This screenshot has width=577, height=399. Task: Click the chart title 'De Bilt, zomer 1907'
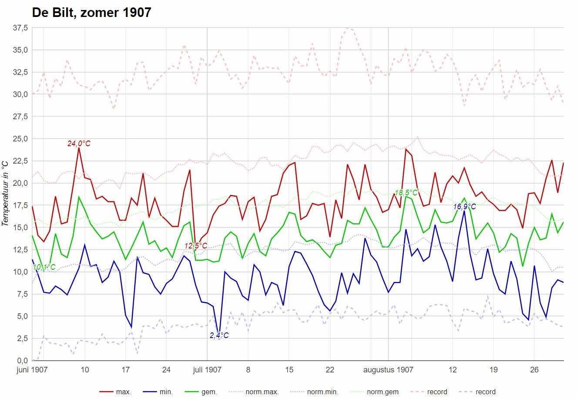[91, 13]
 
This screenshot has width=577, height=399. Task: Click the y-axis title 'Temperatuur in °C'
[5, 194]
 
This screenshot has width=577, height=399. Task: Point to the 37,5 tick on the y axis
[20, 28]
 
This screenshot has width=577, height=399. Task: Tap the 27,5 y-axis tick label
[20, 117]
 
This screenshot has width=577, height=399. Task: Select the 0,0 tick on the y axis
[23, 360]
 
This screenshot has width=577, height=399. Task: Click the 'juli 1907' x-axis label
[207, 370]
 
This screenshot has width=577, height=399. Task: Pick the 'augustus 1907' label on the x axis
[388, 370]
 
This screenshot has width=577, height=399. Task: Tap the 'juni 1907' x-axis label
[32, 370]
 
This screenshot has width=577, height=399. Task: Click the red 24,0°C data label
[79, 144]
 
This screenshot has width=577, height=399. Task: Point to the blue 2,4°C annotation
[219, 335]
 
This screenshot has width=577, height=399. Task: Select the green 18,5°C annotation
[406, 193]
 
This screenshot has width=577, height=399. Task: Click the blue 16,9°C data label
[464, 207]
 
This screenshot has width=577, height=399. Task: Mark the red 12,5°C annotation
[196, 246]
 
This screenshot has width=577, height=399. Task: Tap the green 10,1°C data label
[44, 267]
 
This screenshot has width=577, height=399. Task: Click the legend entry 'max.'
[115, 392]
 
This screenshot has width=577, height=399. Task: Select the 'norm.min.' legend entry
[314, 392]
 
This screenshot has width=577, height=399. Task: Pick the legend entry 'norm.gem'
[374, 392]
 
